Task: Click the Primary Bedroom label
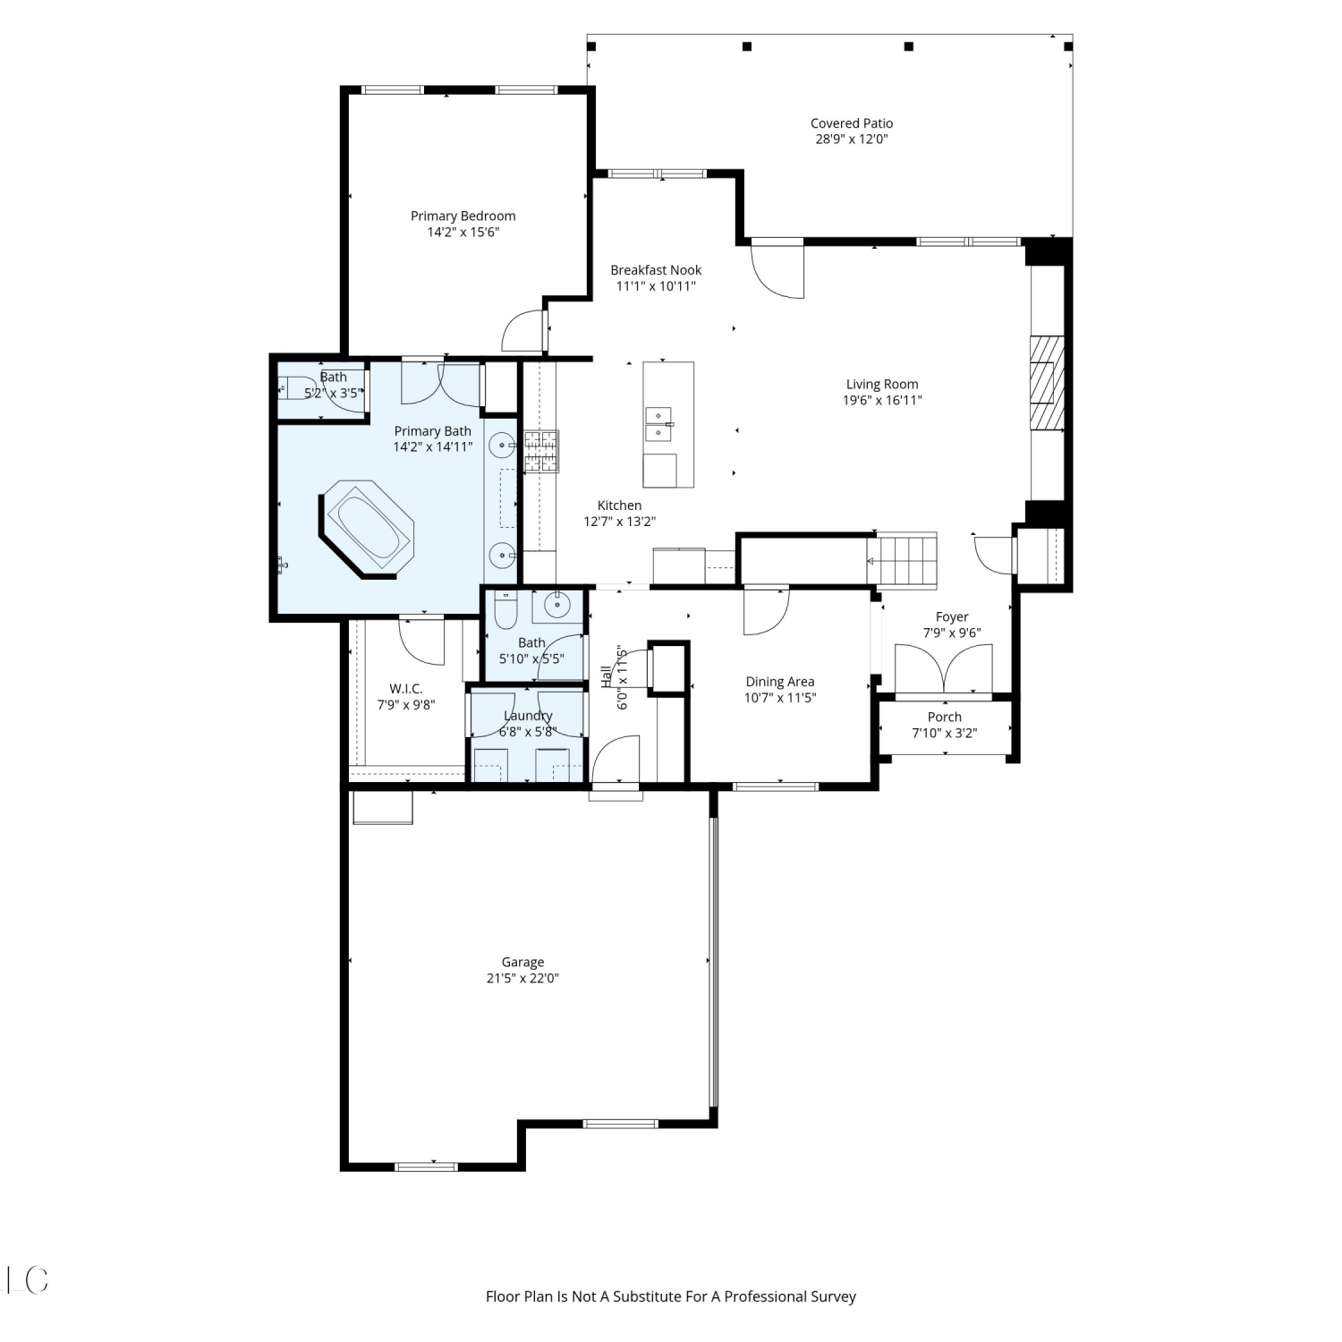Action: click(x=463, y=216)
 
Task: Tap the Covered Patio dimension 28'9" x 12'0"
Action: click(x=851, y=140)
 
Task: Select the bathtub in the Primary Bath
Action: click(x=368, y=531)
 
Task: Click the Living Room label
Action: click(x=881, y=384)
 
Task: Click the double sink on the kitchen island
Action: click(x=658, y=425)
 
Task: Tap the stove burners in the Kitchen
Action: click(x=540, y=451)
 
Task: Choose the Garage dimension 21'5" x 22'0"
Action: click(x=522, y=979)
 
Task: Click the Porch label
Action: click(x=945, y=717)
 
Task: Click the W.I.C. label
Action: click(x=406, y=689)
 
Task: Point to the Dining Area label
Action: click(x=780, y=682)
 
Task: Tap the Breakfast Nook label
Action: click(x=656, y=270)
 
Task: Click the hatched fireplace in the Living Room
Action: click(x=1047, y=383)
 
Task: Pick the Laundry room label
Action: click(x=528, y=716)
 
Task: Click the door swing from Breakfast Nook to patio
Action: click(x=777, y=270)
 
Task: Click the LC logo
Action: click(x=27, y=1280)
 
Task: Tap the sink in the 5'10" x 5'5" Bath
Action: click(x=557, y=606)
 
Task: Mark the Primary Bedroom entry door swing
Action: click(x=523, y=332)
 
